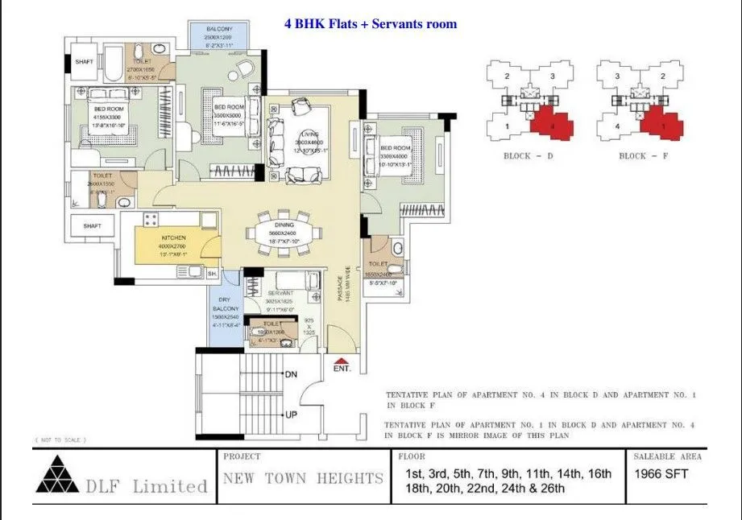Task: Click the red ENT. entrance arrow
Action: (341, 361)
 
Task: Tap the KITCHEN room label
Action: (173, 238)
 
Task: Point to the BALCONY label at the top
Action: (218, 28)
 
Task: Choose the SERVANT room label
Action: (279, 293)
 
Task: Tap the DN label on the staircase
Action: (291, 375)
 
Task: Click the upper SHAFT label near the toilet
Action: (84, 61)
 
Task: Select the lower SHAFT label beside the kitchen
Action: (92, 226)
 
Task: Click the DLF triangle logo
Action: (56, 474)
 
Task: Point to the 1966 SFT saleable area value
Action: (661, 474)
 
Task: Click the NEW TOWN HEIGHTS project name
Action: (303, 479)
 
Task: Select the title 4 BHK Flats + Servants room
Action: (370, 24)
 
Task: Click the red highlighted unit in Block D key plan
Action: (552, 122)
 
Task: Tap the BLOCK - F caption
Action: (642, 156)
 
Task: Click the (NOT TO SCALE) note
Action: (60, 440)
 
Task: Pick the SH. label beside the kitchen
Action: (213, 274)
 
